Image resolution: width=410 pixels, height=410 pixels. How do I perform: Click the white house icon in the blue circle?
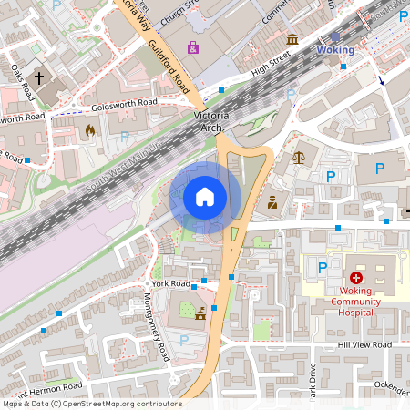click(205, 196)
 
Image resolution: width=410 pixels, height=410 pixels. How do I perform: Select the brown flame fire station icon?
click(88, 131)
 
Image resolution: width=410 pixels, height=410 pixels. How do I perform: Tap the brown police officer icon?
click(272, 202)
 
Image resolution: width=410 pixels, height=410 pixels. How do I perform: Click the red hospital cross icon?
click(355, 277)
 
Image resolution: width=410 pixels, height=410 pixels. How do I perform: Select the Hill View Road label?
click(364, 345)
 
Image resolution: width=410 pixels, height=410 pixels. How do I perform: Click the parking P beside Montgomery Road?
click(185, 339)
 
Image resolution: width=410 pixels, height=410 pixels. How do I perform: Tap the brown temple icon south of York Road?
click(200, 314)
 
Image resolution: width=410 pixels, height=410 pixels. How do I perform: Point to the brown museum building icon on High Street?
click(292, 39)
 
